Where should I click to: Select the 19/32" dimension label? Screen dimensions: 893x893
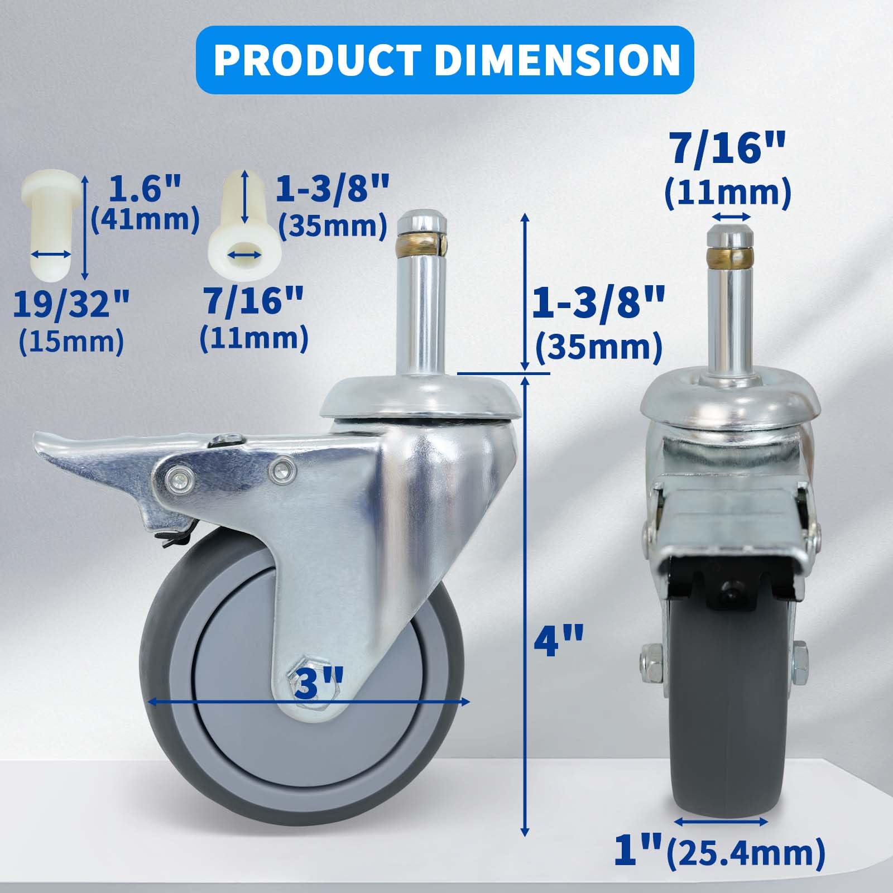tap(71, 305)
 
